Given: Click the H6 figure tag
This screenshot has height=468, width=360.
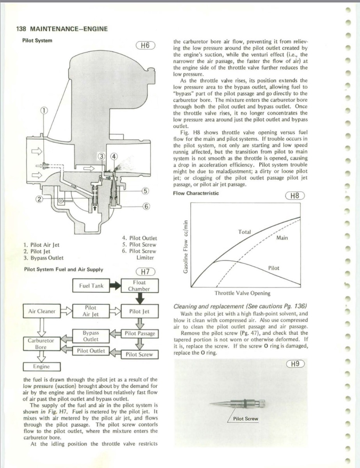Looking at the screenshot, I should point(145,45).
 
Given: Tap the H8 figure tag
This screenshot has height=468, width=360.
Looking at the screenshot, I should point(295,196).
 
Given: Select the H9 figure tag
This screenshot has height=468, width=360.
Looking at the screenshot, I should point(295,364).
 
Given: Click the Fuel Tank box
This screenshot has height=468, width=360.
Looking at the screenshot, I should point(91,285).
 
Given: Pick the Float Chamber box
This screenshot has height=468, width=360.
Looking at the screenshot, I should point(139,285).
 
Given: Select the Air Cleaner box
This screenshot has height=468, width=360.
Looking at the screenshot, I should point(42,311).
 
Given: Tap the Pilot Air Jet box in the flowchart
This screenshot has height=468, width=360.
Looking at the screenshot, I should point(90,311).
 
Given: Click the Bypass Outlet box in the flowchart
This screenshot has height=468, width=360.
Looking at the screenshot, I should point(90,336).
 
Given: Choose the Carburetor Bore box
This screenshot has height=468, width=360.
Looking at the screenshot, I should point(41,343).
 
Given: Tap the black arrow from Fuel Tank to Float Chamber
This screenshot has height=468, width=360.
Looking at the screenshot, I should point(115,285).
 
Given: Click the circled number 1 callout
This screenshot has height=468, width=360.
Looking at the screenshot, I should point(45,110).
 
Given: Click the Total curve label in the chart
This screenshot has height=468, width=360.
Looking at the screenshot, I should point(244,232).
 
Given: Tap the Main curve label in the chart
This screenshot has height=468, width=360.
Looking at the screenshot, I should point(282,238).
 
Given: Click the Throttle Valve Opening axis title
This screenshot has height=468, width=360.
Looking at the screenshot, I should point(242,293).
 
